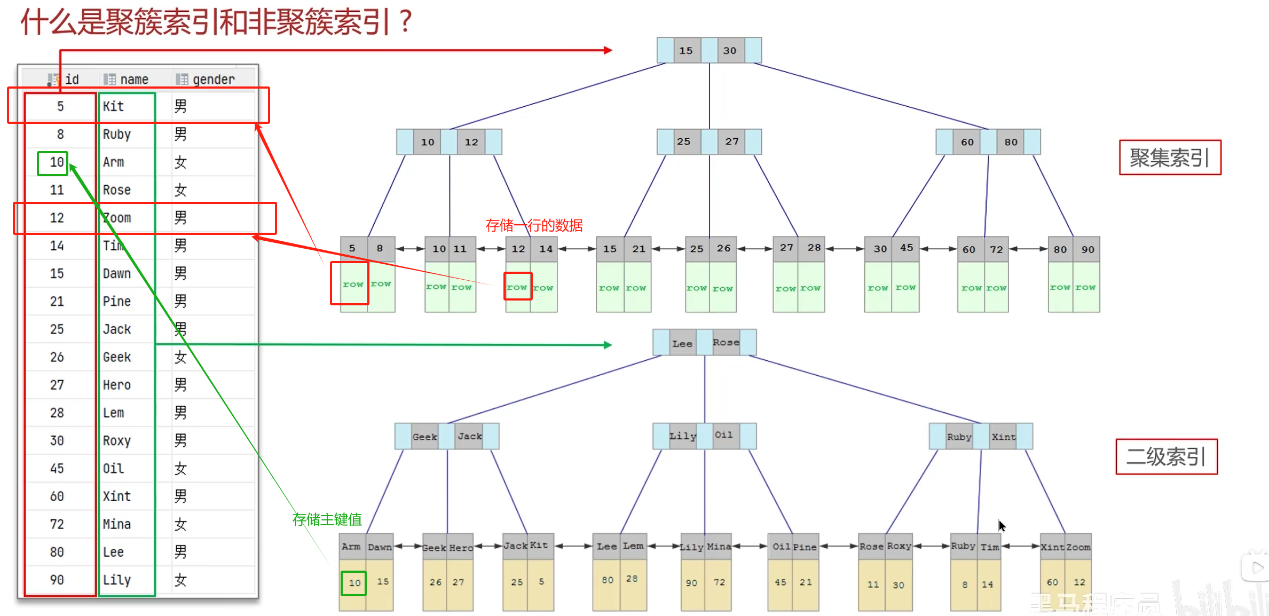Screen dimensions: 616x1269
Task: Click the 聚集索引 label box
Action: pyautogui.click(x=1169, y=157)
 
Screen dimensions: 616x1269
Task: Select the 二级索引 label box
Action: pyautogui.click(x=1166, y=456)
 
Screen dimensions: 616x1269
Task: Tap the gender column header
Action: pyautogui.click(x=213, y=80)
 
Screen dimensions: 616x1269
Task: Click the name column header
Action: pyautogui.click(x=133, y=80)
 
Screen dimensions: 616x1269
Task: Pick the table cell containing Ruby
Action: pyautogui.click(x=117, y=135)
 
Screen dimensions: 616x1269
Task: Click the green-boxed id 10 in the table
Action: pyautogui.click(x=53, y=162)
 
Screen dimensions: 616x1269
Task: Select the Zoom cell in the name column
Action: pyautogui.click(x=117, y=218)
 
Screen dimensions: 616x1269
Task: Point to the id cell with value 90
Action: pyautogui.click(x=57, y=580)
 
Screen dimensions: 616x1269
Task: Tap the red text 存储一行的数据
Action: pyautogui.click(x=534, y=225)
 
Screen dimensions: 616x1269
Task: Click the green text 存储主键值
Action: pyautogui.click(x=327, y=519)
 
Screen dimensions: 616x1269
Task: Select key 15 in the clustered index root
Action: pyautogui.click(x=686, y=51)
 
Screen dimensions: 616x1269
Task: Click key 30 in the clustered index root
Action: pyautogui.click(x=730, y=51)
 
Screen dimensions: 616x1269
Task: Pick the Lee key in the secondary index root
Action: pyautogui.click(x=682, y=344)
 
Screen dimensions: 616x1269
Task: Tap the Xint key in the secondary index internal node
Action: pyautogui.click(x=1003, y=437)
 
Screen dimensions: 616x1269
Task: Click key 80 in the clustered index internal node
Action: pyautogui.click(x=1011, y=142)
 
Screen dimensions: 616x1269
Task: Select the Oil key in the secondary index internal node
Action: pyautogui.click(x=724, y=435)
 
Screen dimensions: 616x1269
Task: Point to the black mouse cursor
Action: pyautogui.click(x=1002, y=526)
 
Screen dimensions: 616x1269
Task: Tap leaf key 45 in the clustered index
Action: pyautogui.click(x=907, y=248)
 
